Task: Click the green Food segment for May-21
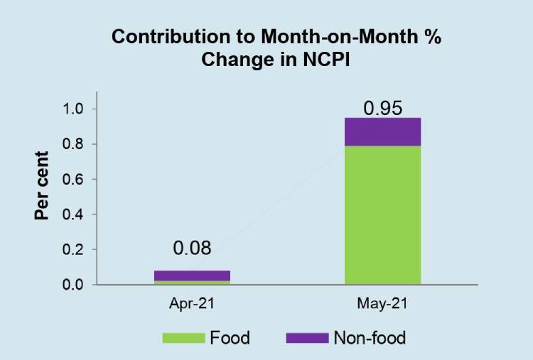tap(382, 215)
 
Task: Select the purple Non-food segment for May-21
tap(382, 131)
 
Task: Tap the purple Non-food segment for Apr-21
tap(192, 276)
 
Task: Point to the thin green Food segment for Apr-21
tap(192, 283)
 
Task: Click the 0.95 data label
tap(383, 109)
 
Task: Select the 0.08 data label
tap(192, 248)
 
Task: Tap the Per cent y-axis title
tap(43, 186)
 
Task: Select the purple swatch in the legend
tap(306, 337)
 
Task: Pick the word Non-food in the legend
tap(370, 337)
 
